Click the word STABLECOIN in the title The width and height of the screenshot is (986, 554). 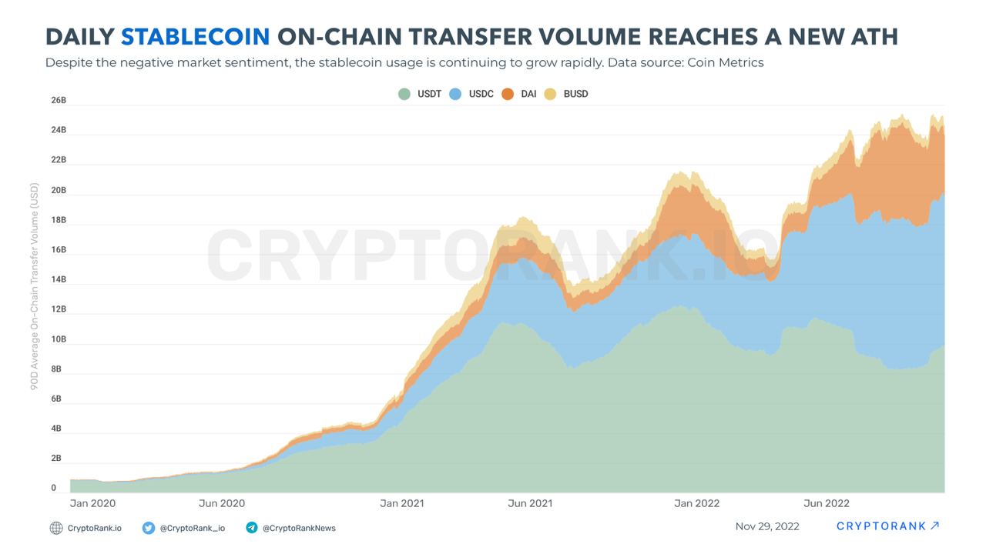pyautogui.click(x=196, y=36)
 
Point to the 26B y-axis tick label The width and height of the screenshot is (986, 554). pyautogui.click(x=59, y=101)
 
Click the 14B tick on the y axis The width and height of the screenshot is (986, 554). pyautogui.click(x=59, y=280)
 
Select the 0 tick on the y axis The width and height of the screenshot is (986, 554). pyautogui.click(x=54, y=488)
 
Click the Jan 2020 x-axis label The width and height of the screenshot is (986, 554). pyautogui.click(x=92, y=503)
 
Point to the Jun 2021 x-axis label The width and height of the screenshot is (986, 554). pyautogui.click(x=530, y=503)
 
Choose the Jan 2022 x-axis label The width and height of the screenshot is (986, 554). pyautogui.click(x=696, y=503)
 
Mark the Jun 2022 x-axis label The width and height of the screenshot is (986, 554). pyautogui.click(x=826, y=503)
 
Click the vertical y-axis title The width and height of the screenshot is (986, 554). pyautogui.click(x=34, y=285)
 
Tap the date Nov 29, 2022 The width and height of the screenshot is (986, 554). pyautogui.click(x=767, y=526)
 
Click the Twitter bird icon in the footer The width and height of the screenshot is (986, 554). pyautogui.click(x=149, y=528)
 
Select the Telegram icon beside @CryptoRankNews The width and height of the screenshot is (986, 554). pyautogui.click(x=252, y=528)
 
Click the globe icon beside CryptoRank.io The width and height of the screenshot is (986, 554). pyautogui.click(x=56, y=528)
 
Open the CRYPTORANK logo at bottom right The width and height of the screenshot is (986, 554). pyautogui.click(x=887, y=526)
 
